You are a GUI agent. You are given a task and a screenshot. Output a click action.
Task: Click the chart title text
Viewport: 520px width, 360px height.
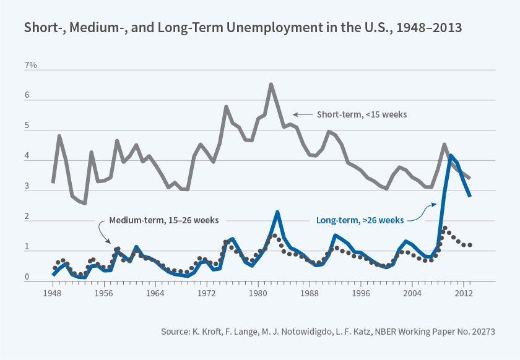point(243,28)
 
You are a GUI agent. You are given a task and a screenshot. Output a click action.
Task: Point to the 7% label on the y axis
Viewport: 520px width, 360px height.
point(30,65)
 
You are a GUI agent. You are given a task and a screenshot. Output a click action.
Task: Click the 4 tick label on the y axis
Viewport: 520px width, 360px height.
point(27,157)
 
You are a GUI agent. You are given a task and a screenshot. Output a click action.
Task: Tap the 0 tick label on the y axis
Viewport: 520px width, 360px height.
point(27,278)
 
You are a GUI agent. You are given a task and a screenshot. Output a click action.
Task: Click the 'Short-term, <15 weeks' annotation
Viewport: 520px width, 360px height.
point(362,114)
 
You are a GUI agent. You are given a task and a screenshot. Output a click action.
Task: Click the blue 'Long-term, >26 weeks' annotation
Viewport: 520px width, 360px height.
point(360,220)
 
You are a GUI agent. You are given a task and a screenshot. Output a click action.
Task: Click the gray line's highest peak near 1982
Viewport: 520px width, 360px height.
point(271,84)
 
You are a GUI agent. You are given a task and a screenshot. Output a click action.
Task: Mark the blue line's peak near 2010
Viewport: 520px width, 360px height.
point(451,156)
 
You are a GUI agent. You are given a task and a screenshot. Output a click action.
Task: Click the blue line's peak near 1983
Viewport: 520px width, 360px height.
point(277,212)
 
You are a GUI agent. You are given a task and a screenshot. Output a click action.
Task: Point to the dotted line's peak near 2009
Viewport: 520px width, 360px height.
point(444,228)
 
